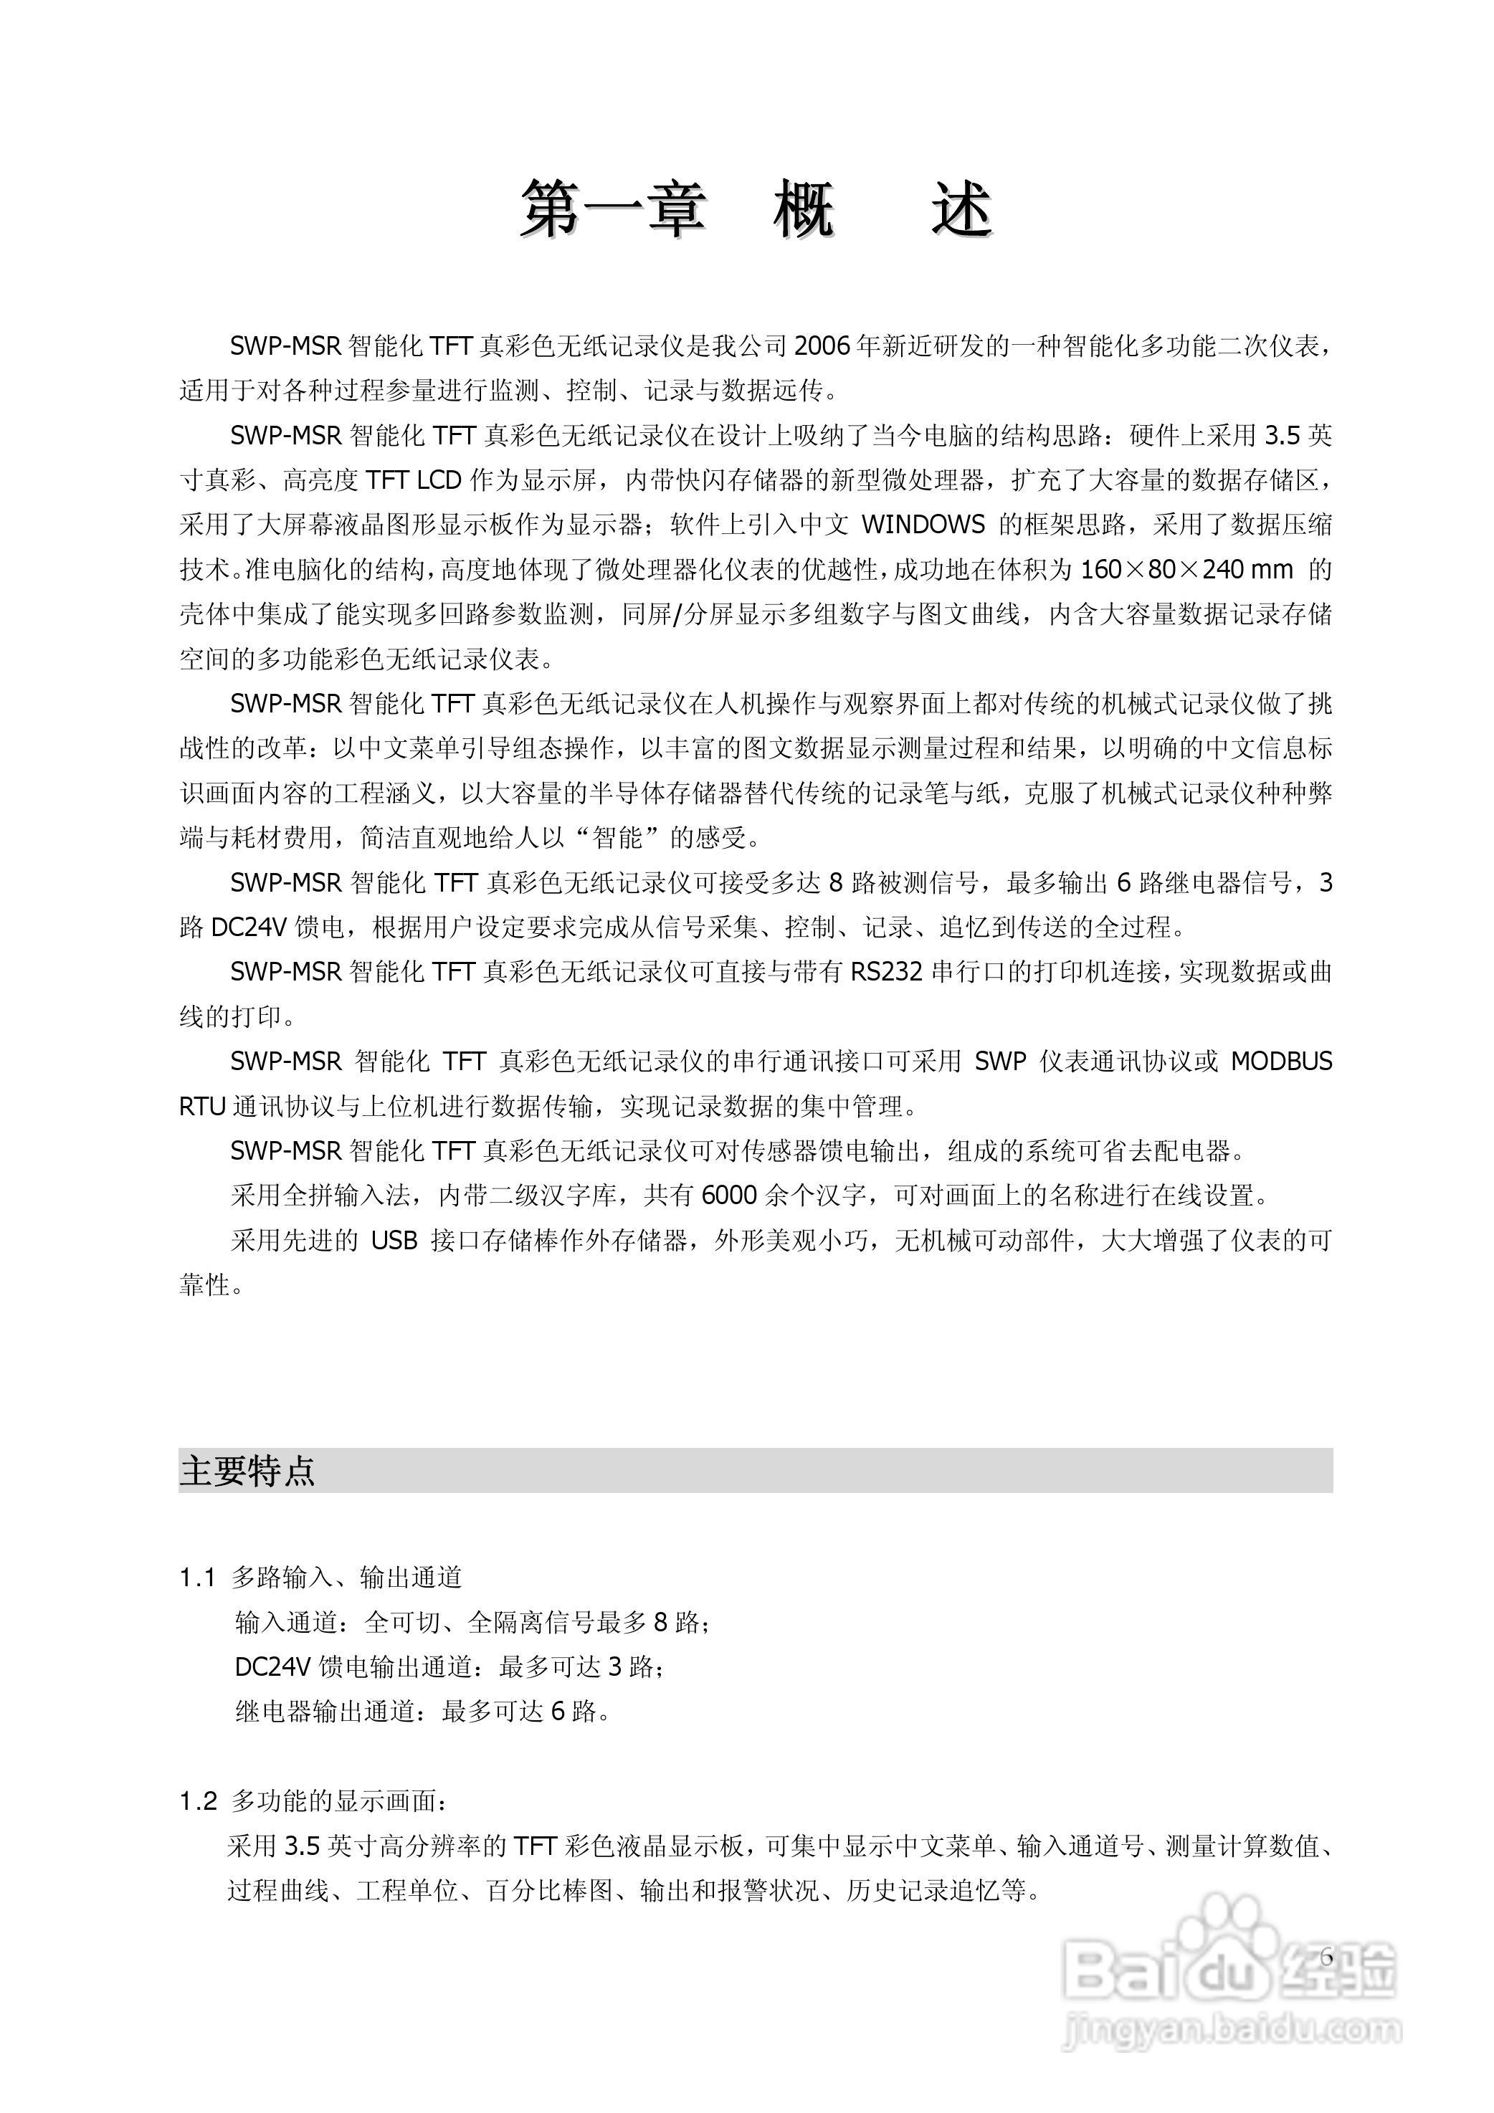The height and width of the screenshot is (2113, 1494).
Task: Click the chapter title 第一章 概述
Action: pos(756,211)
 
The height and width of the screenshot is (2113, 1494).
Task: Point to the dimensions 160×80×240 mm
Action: pos(1187,570)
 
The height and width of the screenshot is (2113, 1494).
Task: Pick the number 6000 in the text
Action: pos(729,1196)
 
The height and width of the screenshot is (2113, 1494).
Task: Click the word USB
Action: pos(395,1241)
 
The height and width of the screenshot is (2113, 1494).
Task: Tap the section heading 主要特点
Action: pos(247,1471)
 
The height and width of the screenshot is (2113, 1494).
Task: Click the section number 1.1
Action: pos(197,1578)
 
